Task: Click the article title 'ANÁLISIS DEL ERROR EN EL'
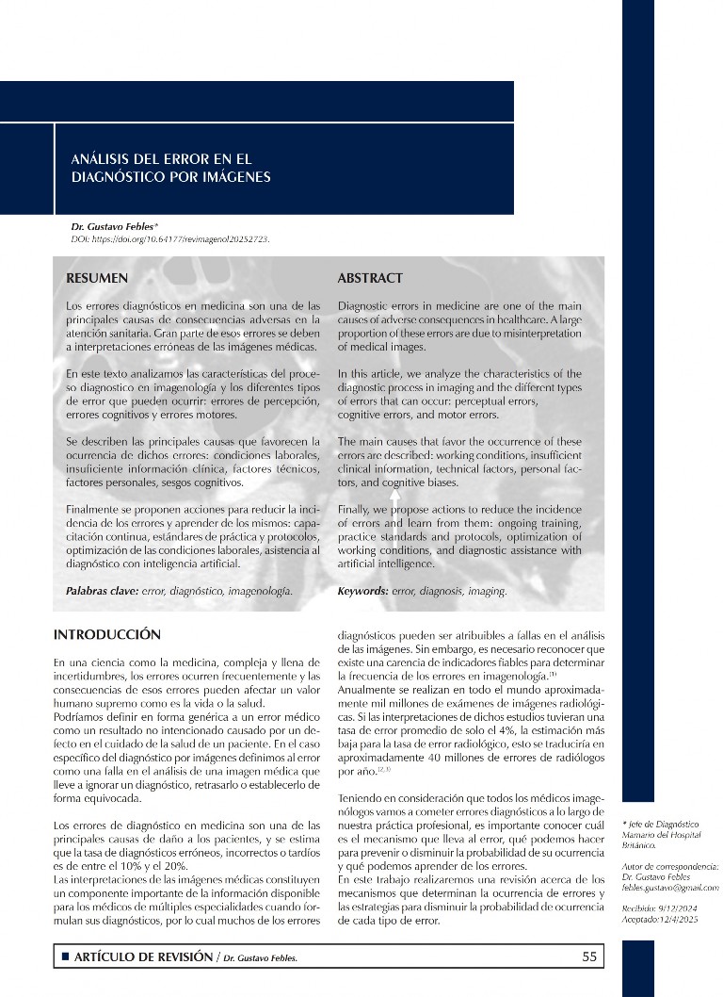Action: (x=162, y=159)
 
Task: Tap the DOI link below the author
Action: (x=170, y=239)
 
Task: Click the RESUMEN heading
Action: (x=97, y=278)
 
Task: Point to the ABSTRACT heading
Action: (x=370, y=278)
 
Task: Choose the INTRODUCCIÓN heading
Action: (x=107, y=634)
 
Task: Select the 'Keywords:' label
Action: (x=362, y=591)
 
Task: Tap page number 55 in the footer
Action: (x=590, y=956)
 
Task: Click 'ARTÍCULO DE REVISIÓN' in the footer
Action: (x=142, y=956)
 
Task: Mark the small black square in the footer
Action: (x=65, y=957)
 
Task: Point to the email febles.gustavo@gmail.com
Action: (x=670, y=888)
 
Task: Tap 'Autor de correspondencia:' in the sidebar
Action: (x=670, y=865)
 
